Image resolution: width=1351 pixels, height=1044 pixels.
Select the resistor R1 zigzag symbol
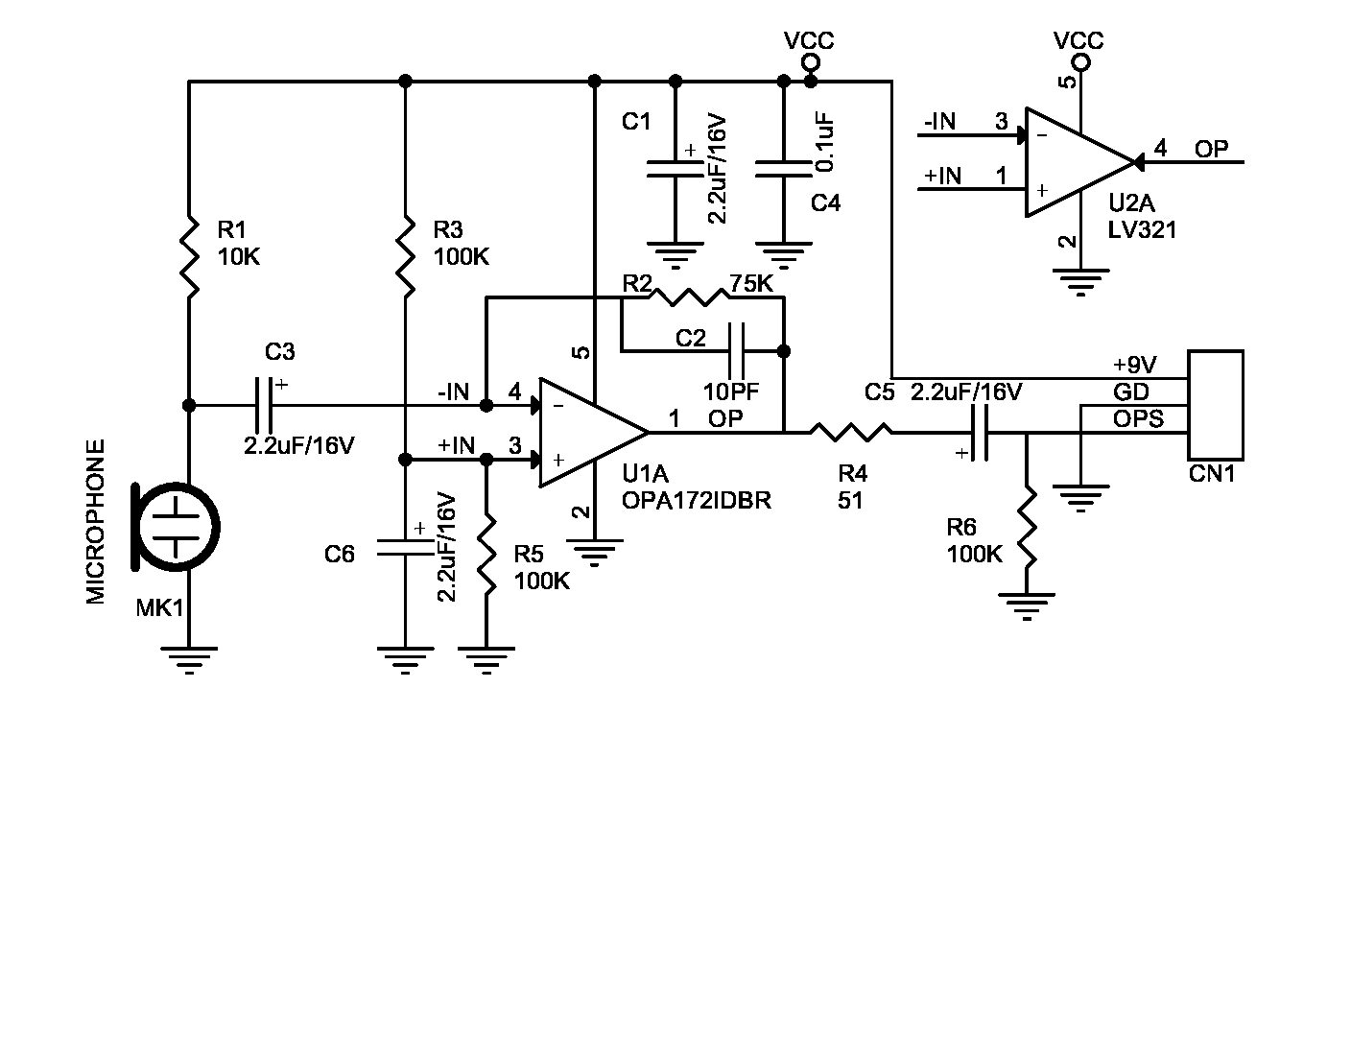[x=189, y=255]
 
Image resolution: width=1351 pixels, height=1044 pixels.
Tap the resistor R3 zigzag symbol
[x=405, y=255]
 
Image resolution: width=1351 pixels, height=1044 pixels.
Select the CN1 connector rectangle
[x=1215, y=404]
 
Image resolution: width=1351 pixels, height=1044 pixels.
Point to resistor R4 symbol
[x=850, y=433]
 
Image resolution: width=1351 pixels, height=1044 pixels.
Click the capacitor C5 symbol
[x=982, y=433]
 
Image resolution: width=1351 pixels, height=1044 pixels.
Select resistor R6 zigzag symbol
[x=1027, y=528]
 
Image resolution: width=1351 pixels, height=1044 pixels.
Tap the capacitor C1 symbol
[x=675, y=169]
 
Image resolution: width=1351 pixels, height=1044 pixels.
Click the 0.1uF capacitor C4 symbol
[x=784, y=169]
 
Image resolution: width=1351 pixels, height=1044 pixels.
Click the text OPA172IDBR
[x=696, y=500]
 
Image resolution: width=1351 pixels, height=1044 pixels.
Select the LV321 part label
[x=1142, y=230]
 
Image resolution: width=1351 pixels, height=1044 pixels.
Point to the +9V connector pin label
[x=1134, y=365]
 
